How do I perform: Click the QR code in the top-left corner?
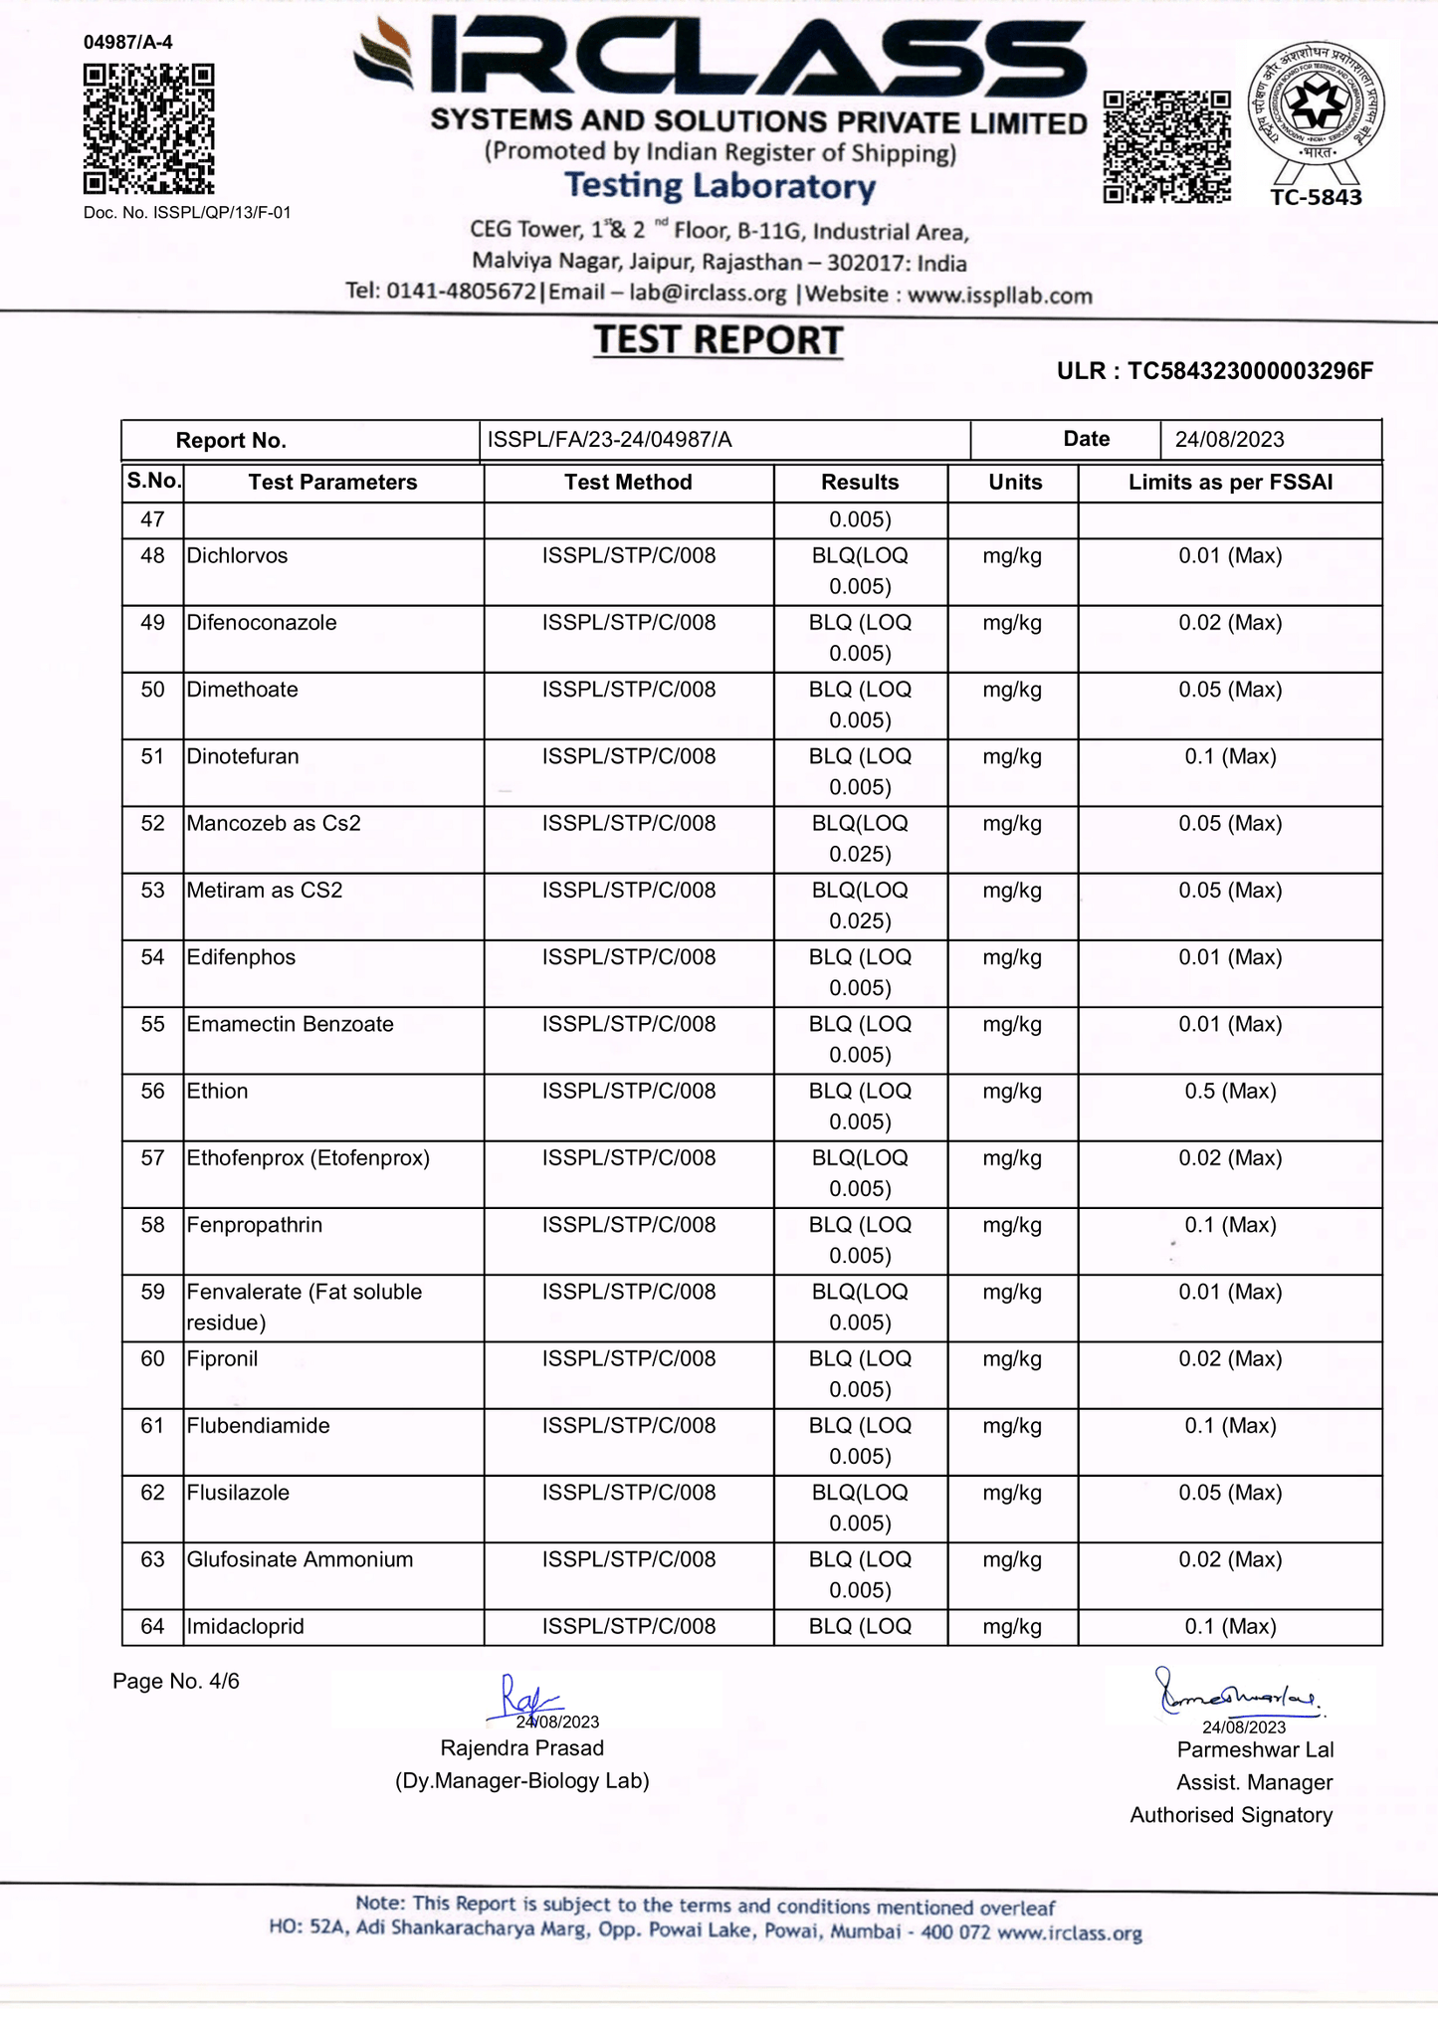(x=148, y=129)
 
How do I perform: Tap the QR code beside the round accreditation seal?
(x=1166, y=146)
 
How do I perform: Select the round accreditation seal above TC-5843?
(x=1316, y=104)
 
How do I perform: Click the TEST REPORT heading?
(x=719, y=340)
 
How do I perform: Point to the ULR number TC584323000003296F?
(x=1250, y=371)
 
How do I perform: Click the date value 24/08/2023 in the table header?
(x=1229, y=440)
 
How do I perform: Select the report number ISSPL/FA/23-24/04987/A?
(x=609, y=440)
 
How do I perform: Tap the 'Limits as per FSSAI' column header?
(x=1230, y=483)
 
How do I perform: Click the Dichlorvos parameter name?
(x=237, y=556)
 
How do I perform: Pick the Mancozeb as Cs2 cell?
(x=274, y=824)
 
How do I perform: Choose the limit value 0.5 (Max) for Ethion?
(x=1230, y=1092)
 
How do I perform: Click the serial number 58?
(x=152, y=1225)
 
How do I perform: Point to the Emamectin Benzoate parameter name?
(x=290, y=1025)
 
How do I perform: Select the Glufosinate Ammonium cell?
(x=300, y=1560)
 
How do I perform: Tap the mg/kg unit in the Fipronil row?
(x=1012, y=1359)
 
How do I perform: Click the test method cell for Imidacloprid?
(x=628, y=1627)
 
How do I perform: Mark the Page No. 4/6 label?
(x=176, y=1682)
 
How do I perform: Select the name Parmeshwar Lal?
(x=1255, y=1750)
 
